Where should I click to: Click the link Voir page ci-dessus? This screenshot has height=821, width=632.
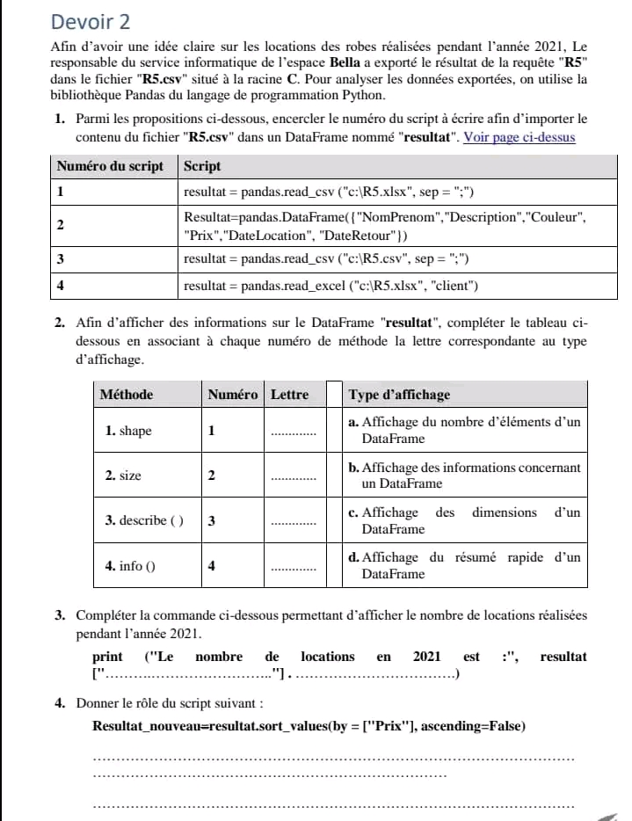519,136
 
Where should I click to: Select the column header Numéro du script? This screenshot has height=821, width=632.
111,166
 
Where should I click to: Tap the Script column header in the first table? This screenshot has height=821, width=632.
203,166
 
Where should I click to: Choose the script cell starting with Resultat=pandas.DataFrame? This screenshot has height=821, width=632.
384,225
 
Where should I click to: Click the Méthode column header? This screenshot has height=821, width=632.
127,395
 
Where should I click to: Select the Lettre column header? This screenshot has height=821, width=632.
289,395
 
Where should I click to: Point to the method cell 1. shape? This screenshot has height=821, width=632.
128,432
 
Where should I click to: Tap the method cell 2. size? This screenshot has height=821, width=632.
123,476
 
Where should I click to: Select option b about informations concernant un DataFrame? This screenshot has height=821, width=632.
465,476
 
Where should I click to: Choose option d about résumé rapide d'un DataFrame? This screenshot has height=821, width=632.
465,565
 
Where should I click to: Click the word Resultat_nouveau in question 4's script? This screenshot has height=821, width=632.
150,726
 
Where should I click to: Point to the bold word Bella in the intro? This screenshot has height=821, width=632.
345,63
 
